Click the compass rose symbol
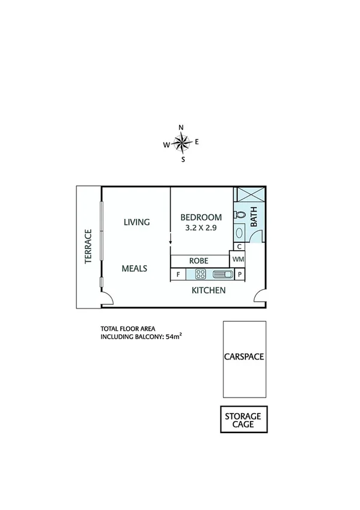click(181, 143)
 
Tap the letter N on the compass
click(181, 127)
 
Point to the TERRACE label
click(88, 247)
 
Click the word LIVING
click(136, 223)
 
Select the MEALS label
click(135, 268)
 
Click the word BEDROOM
click(201, 217)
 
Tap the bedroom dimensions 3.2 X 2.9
click(201, 229)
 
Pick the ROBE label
click(198, 261)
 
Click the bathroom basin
click(239, 232)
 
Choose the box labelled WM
click(239, 259)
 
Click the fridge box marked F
click(178, 275)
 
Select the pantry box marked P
click(239, 275)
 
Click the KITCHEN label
click(209, 291)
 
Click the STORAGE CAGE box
click(243, 420)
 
